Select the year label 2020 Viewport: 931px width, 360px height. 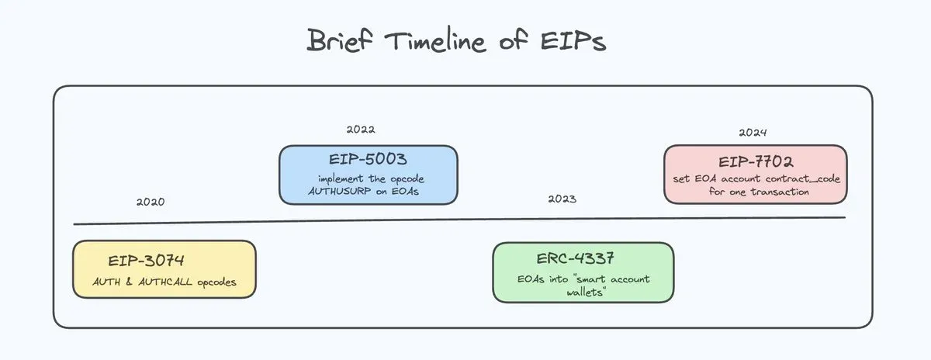click(x=150, y=202)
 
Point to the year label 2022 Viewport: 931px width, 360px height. click(x=361, y=130)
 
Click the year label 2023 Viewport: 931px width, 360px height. click(x=562, y=199)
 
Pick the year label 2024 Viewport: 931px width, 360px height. click(x=753, y=133)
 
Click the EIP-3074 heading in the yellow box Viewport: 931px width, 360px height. click(x=147, y=260)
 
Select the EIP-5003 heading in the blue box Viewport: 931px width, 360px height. click(x=368, y=160)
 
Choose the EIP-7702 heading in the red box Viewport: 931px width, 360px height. click(x=755, y=162)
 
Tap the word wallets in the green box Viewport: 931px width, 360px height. click(x=583, y=292)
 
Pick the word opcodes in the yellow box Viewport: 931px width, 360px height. click(x=217, y=282)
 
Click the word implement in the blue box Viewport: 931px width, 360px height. click(x=342, y=178)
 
